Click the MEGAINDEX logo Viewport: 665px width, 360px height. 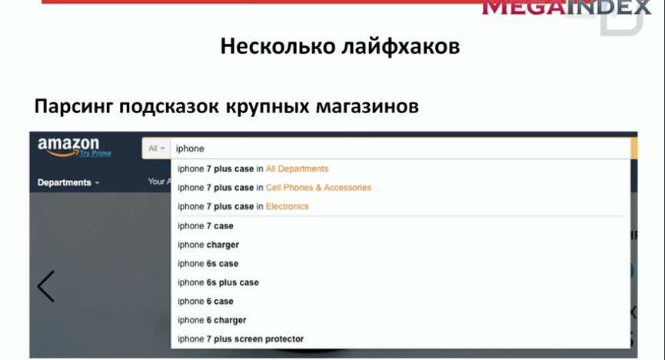pos(566,8)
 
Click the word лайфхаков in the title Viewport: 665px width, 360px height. pos(401,46)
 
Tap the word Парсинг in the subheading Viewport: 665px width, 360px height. pos(73,106)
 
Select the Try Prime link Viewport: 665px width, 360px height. pos(95,153)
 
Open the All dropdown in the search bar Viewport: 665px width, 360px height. pos(157,148)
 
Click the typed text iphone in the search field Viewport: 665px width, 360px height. pos(190,148)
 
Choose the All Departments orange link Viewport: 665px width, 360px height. pos(297,169)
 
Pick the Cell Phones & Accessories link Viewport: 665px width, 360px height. pos(318,188)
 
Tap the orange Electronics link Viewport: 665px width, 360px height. pos(287,207)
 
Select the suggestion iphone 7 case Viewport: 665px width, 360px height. pos(205,226)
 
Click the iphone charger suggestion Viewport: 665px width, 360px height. pos(208,245)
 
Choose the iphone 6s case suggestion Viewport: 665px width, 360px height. pos(208,264)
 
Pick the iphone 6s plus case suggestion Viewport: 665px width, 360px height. pos(218,282)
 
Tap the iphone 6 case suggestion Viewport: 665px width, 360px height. pos(205,302)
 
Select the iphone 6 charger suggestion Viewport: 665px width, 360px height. pos(211,320)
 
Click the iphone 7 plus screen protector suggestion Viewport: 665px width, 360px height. pos(241,339)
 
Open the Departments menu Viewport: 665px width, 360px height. pos(68,182)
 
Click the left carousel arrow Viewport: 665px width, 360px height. pos(46,287)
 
